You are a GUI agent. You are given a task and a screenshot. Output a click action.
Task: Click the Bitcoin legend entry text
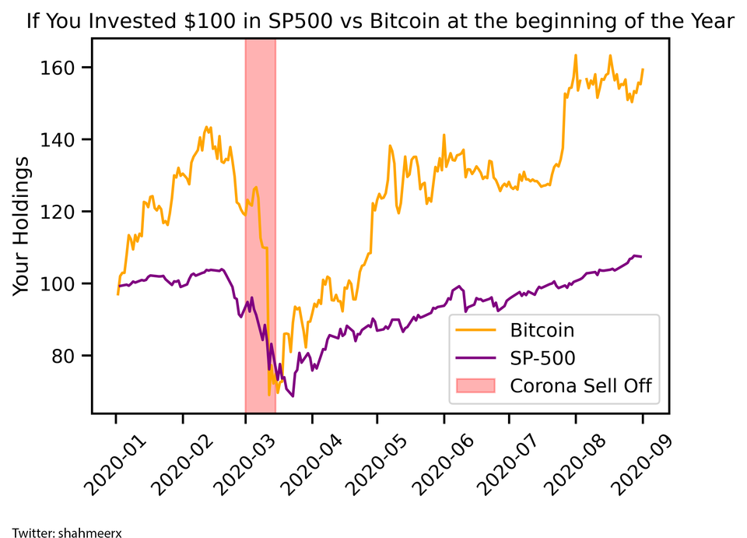click(542, 330)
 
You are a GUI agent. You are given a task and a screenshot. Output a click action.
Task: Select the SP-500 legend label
click(542, 357)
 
